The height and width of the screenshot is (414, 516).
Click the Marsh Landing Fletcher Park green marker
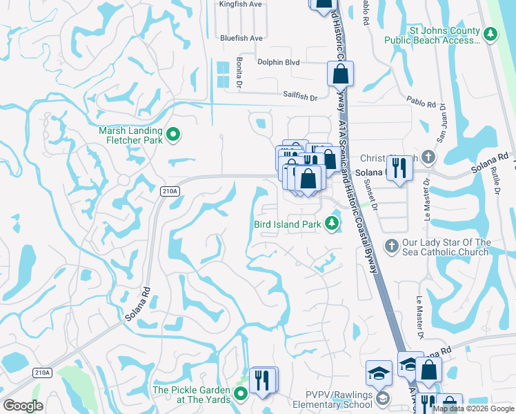(x=174, y=135)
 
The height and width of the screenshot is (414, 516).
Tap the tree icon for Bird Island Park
(x=333, y=223)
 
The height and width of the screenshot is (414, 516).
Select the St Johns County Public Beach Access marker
(x=490, y=33)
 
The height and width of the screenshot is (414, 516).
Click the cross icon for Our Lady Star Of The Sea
(x=391, y=246)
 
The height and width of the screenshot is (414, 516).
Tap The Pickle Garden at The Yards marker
(x=241, y=394)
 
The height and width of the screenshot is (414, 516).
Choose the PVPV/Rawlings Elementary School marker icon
(x=383, y=399)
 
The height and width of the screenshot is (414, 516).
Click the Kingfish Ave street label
(x=241, y=4)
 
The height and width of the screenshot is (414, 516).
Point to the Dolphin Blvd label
(x=278, y=62)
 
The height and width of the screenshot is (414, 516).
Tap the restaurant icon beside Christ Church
(x=399, y=168)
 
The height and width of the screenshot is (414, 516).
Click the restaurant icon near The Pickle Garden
(x=264, y=379)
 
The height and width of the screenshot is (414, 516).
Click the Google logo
(x=23, y=405)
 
